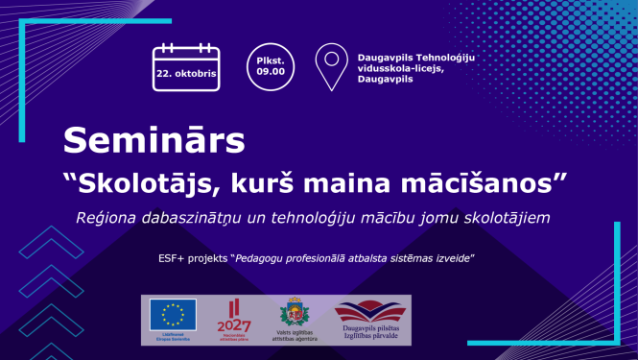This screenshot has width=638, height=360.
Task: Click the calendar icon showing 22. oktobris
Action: (x=186, y=68)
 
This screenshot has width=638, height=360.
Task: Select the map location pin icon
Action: (x=332, y=66)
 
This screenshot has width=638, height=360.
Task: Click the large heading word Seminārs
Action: (x=154, y=140)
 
